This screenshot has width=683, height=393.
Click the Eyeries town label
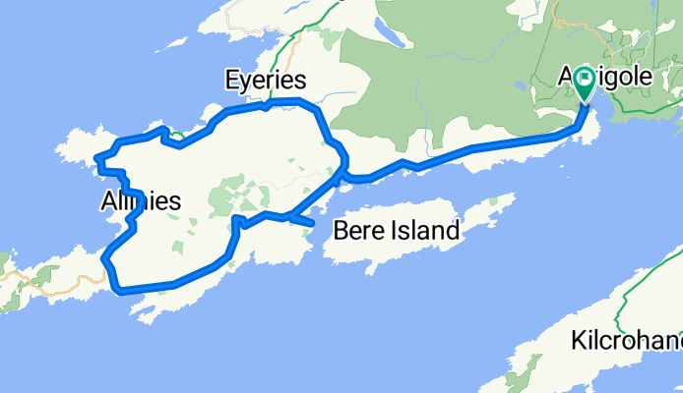click(265, 80)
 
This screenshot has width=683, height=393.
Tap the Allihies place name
click(140, 201)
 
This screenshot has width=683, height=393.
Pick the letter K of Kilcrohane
click(577, 341)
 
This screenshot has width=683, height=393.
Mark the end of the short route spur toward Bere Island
click(312, 225)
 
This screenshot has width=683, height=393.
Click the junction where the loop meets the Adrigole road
click(341, 178)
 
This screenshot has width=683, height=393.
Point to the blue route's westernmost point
click(94, 159)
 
